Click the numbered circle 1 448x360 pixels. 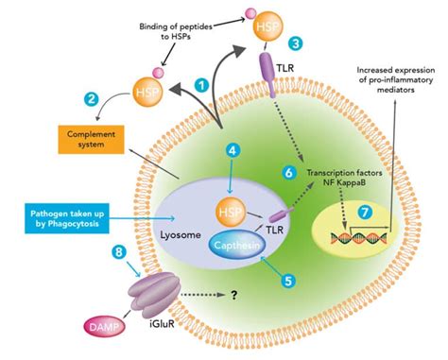coord(200,84)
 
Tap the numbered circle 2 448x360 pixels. coord(92,98)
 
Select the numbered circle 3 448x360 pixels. coord(296,43)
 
